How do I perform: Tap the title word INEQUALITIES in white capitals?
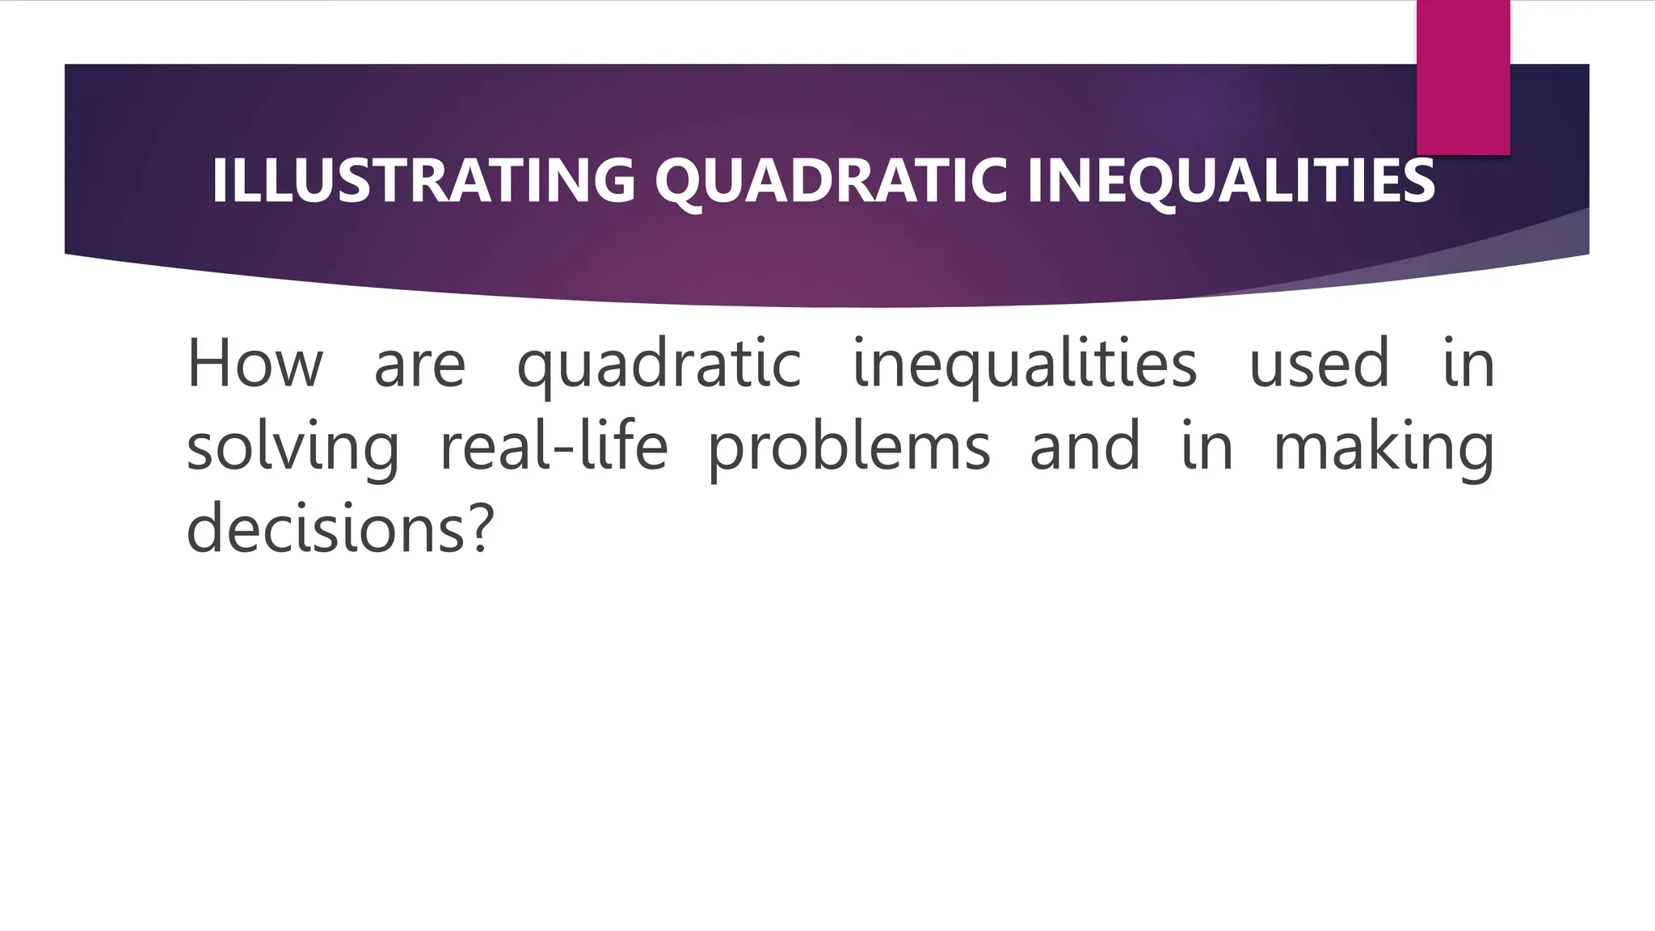click(x=1231, y=179)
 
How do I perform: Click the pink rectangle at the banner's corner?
click(x=1463, y=77)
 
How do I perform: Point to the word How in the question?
click(x=255, y=364)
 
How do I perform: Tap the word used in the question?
click(x=1319, y=364)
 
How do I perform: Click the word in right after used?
click(x=1468, y=364)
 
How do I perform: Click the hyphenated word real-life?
click(x=554, y=446)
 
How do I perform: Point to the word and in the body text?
click(x=1084, y=447)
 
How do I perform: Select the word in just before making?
click(x=1207, y=447)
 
